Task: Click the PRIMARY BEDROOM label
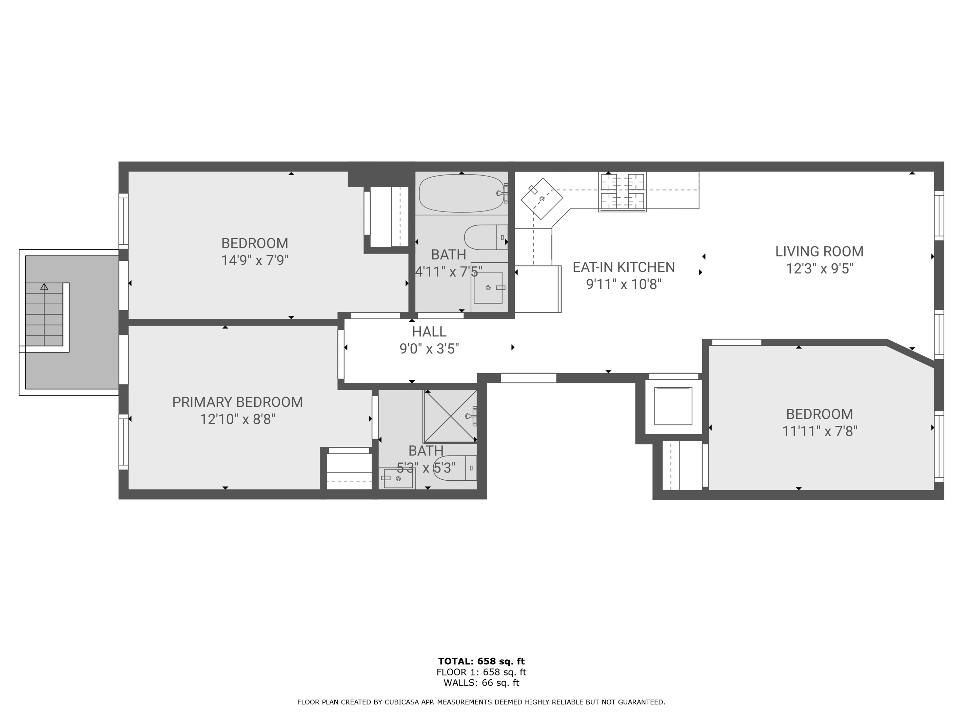click(x=237, y=402)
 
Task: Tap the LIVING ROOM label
click(x=819, y=252)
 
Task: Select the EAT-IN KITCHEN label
click(x=624, y=267)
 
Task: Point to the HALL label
click(x=429, y=332)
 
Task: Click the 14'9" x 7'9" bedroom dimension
click(x=255, y=260)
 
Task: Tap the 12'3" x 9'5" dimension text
click(x=819, y=269)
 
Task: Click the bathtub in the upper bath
click(x=463, y=194)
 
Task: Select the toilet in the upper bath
click(x=486, y=237)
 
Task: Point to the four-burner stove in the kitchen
click(x=622, y=192)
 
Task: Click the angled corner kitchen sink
click(x=542, y=198)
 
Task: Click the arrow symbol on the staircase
click(x=44, y=287)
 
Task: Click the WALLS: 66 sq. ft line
click(x=481, y=682)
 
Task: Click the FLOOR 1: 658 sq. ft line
click(x=481, y=672)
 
